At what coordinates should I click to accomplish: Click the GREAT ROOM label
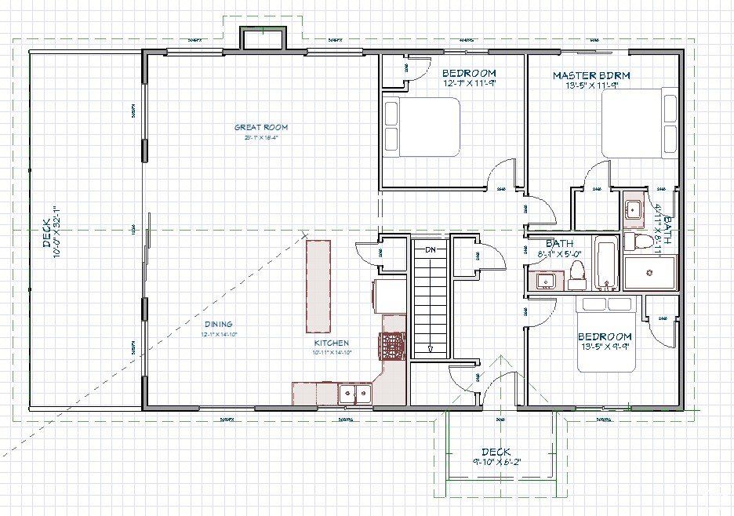(261, 127)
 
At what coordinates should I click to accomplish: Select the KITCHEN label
(332, 343)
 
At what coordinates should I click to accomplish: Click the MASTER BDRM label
(591, 75)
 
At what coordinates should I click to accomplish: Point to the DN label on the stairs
(430, 249)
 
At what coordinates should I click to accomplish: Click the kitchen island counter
(318, 287)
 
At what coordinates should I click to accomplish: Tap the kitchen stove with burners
(391, 346)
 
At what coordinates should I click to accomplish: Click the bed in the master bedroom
(639, 123)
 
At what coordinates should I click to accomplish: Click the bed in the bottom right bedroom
(607, 334)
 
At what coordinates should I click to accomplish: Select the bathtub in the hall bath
(606, 263)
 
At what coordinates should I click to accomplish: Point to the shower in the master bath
(649, 272)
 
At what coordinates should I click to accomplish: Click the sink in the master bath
(632, 209)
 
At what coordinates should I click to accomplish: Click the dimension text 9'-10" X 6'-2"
(495, 462)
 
